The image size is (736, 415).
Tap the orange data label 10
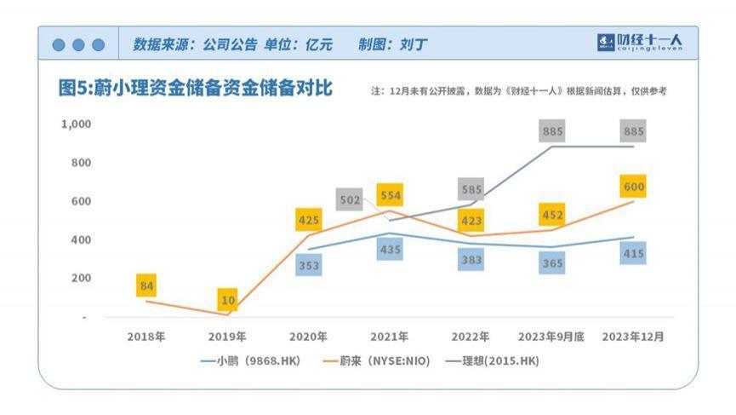click(x=227, y=300)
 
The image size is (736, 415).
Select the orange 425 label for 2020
click(x=309, y=220)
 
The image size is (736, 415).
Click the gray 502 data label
click(x=350, y=199)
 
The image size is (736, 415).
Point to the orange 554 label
click(x=391, y=194)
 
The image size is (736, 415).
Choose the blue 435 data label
click(x=391, y=250)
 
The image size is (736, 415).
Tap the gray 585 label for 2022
click(x=471, y=189)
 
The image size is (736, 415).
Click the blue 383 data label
click(x=471, y=261)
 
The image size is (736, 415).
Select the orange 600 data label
click(x=633, y=186)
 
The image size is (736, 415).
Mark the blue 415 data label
click(x=633, y=253)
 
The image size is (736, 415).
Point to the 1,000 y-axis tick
click(x=76, y=124)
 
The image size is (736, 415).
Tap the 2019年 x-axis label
click(x=227, y=337)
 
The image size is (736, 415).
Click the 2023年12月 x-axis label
click(x=633, y=337)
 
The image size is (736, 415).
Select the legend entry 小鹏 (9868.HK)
click(x=252, y=361)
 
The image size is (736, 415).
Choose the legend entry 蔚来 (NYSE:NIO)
click(x=378, y=361)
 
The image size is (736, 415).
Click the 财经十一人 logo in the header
click(x=640, y=42)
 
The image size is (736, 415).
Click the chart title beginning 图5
click(x=195, y=89)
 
